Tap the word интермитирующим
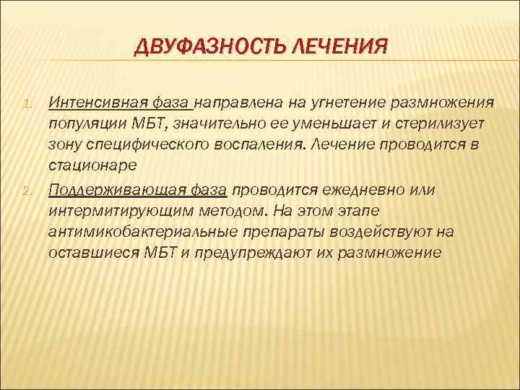[x=118, y=211]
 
